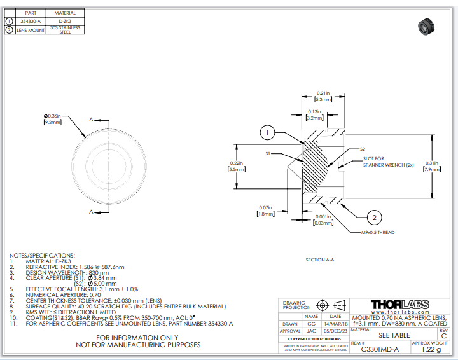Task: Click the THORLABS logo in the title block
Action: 399,304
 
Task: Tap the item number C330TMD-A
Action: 380,349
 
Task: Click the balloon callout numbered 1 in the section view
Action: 268,132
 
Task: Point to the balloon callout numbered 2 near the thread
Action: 375,217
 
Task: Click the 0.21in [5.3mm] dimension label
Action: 323,97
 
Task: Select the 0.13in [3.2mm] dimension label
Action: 316,114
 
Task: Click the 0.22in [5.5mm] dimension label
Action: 237,167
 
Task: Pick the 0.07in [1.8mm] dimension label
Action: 265,211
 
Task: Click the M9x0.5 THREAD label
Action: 377,233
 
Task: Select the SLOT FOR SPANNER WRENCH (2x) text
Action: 380,162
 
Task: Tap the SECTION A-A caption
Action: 319,260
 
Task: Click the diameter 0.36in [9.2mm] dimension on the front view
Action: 52,118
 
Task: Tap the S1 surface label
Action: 268,153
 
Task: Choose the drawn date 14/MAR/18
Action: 335,324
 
